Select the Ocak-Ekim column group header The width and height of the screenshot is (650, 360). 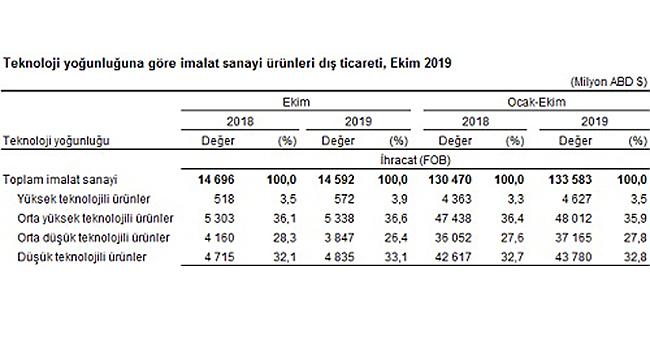537,103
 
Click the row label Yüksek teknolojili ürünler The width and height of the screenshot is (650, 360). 86,198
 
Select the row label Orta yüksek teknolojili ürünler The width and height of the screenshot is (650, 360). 98,218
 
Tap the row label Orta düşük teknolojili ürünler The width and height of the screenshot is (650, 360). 96,238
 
